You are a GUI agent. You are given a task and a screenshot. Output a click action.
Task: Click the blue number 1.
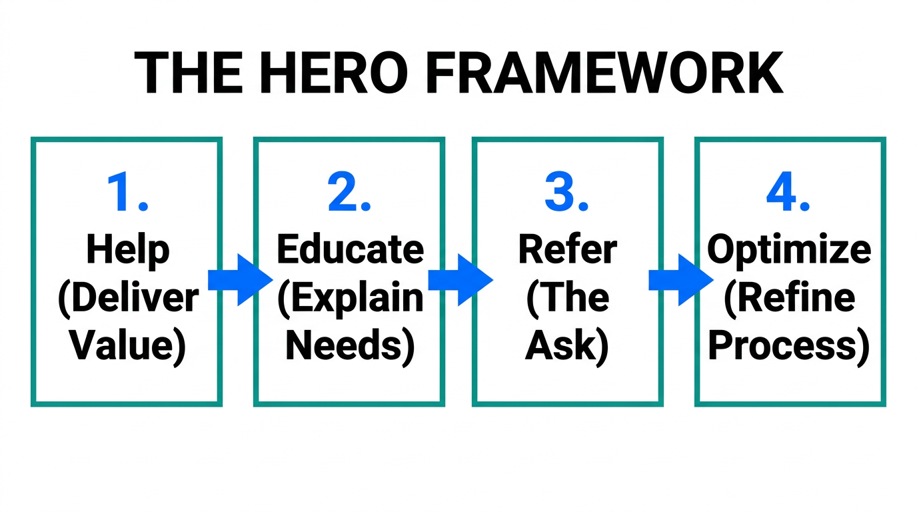click(x=127, y=193)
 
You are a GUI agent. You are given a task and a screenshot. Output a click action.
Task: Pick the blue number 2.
click(x=349, y=193)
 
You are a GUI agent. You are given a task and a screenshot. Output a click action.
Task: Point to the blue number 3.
click(x=567, y=193)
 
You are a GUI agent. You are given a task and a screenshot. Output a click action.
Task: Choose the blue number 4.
click(x=789, y=193)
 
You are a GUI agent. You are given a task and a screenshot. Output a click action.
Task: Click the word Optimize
click(x=789, y=251)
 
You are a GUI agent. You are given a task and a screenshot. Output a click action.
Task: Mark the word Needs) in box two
click(x=350, y=346)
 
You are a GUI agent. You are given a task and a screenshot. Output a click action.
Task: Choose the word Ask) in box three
click(x=567, y=346)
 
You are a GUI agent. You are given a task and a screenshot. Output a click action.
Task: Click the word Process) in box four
click(x=789, y=346)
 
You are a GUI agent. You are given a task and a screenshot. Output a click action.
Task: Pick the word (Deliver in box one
click(x=128, y=298)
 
